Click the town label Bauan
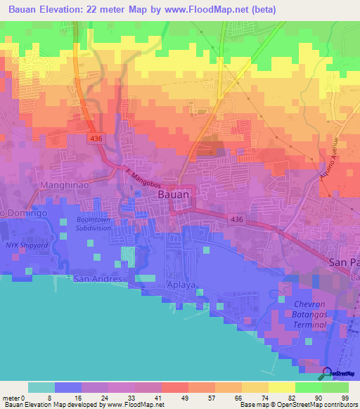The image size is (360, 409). (172, 193)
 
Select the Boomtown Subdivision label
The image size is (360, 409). (94, 223)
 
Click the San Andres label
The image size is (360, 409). (98, 279)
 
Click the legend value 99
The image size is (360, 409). (345, 397)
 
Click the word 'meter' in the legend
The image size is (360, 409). (10, 397)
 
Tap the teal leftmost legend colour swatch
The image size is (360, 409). (41, 387)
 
